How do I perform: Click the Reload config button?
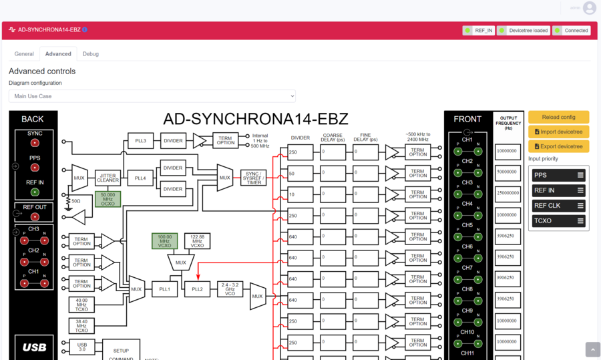[x=558, y=117]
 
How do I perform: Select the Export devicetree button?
[x=558, y=146]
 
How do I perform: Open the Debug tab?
[x=90, y=54]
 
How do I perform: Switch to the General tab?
[x=24, y=54]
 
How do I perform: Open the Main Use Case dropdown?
[x=152, y=96]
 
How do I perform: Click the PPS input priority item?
[x=558, y=175]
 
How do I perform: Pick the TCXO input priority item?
[x=558, y=221]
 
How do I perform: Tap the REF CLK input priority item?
[x=558, y=206]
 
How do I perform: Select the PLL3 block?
[x=140, y=140]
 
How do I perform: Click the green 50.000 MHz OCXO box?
[x=108, y=199]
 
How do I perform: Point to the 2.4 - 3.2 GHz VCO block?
[x=230, y=289]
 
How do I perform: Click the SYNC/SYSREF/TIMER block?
[x=253, y=178]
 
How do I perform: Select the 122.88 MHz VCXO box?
[x=197, y=241]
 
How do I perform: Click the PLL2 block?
[x=197, y=289]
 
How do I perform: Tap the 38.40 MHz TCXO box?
[x=81, y=326]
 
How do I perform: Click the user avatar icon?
[x=589, y=8]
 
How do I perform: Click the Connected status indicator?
[x=571, y=31]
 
